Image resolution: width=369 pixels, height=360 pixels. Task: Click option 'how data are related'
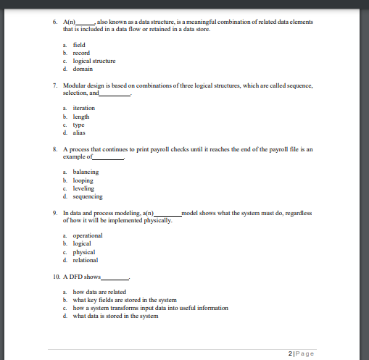[100, 290]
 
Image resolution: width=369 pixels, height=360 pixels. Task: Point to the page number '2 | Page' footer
[302, 352]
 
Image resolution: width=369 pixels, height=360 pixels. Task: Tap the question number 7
[56, 85]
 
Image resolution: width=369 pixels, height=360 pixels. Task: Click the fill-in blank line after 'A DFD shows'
[115, 279]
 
